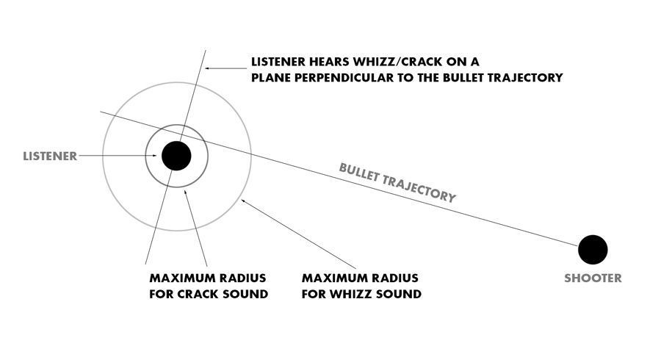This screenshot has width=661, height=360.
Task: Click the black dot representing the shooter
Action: (x=592, y=250)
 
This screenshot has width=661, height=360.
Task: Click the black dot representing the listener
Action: (x=176, y=155)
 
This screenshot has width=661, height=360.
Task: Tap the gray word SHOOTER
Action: (x=593, y=278)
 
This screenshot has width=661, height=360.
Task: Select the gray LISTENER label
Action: (x=49, y=156)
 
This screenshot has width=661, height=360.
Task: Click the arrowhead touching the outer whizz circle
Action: (x=242, y=198)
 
